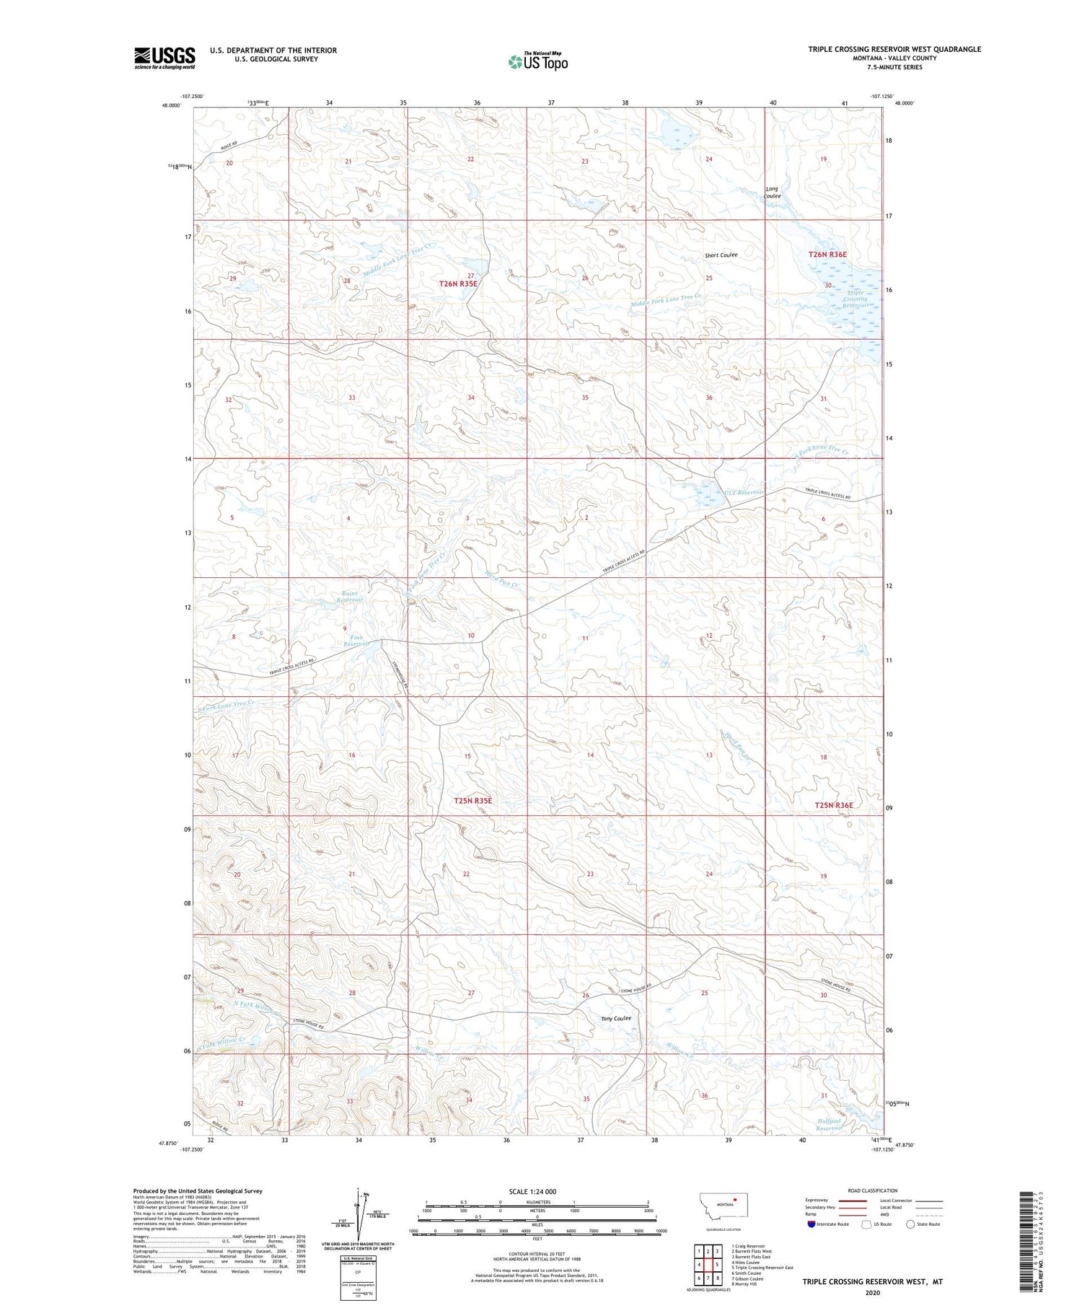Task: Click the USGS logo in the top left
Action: tap(164, 58)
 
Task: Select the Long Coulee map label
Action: tap(773, 193)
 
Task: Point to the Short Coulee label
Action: tap(721, 255)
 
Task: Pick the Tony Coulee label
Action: tap(616, 1018)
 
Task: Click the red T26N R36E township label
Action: tap(827, 255)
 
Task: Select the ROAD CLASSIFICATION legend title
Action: tap(873, 1190)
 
